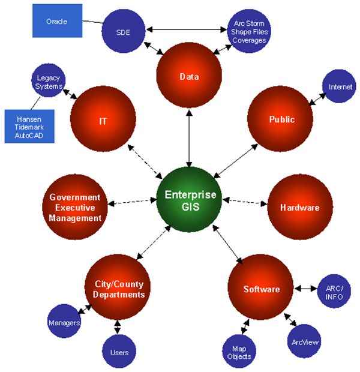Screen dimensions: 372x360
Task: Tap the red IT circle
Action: pos(103,121)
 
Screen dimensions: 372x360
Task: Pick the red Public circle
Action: pos(281,119)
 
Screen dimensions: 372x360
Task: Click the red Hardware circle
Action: pos(299,208)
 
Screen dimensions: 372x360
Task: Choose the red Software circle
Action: pos(262,289)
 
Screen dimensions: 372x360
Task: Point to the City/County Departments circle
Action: pos(119,289)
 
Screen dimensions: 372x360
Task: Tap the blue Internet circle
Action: pos(340,87)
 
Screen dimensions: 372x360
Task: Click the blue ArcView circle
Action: pos(306,342)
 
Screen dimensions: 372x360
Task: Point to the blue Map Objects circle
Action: pos(239,352)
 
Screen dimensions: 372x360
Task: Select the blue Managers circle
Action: pos(64,323)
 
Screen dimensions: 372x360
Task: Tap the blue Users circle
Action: pos(119,352)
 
